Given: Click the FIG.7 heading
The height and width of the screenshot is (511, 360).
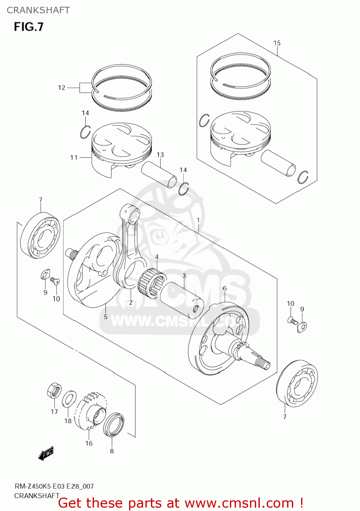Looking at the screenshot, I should tap(29, 27).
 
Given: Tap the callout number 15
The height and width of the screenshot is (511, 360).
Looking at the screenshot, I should tap(277, 43).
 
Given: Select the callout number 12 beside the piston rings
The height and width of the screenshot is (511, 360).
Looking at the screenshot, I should tap(62, 88).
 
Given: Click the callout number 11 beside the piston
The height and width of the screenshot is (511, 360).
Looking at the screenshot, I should tap(74, 157).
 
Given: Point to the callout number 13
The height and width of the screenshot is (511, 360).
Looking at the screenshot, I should tap(160, 155).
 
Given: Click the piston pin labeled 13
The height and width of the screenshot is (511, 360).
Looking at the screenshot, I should tap(159, 174).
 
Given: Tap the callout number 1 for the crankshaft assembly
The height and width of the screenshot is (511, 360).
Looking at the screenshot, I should tap(198, 220).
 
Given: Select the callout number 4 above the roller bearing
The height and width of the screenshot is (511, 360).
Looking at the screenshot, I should tap(157, 257).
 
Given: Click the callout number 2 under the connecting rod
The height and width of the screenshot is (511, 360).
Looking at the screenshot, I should tap(131, 303).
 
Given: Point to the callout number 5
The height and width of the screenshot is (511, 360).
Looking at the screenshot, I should tap(106, 317).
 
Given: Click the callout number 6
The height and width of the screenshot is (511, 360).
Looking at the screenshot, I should tap(224, 289).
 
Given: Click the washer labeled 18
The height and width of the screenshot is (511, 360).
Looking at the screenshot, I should tap(69, 399).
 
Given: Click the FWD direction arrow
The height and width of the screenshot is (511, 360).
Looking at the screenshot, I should tap(46, 453).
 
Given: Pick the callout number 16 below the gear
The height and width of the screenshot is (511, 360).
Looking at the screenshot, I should tap(89, 443).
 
